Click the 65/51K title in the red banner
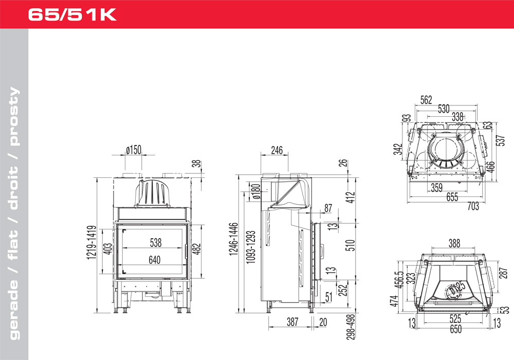[72, 14]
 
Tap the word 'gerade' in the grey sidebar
[13, 309]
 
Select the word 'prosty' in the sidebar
[13, 116]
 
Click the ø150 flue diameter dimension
[134, 150]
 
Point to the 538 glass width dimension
[156, 243]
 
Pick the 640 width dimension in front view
[154, 260]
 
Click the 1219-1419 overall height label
[92, 242]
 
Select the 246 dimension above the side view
[277, 150]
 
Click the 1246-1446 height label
[233, 239]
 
